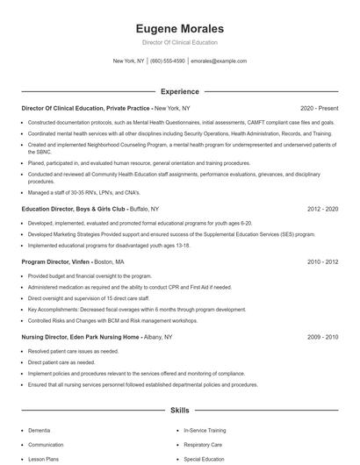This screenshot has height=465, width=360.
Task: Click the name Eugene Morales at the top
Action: click(x=179, y=28)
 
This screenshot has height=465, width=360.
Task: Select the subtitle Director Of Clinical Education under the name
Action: click(x=179, y=42)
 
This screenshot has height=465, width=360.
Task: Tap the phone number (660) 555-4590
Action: click(x=167, y=61)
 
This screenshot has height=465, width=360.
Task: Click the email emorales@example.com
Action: click(x=219, y=61)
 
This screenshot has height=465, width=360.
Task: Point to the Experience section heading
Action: click(x=179, y=91)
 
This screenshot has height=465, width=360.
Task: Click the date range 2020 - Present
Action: click(x=320, y=108)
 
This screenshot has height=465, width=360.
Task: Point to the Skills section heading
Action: click(x=179, y=410)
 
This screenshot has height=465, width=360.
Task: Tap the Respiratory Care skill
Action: click(x=204, y=445)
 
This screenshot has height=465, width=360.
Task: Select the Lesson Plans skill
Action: click(x=44, y=459)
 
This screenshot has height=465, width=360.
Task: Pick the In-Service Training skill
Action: click(x=205, y=431)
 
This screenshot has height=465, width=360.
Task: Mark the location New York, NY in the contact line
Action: click(x=128, y=61)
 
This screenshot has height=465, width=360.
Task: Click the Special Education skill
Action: click(x=205, y=459)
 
